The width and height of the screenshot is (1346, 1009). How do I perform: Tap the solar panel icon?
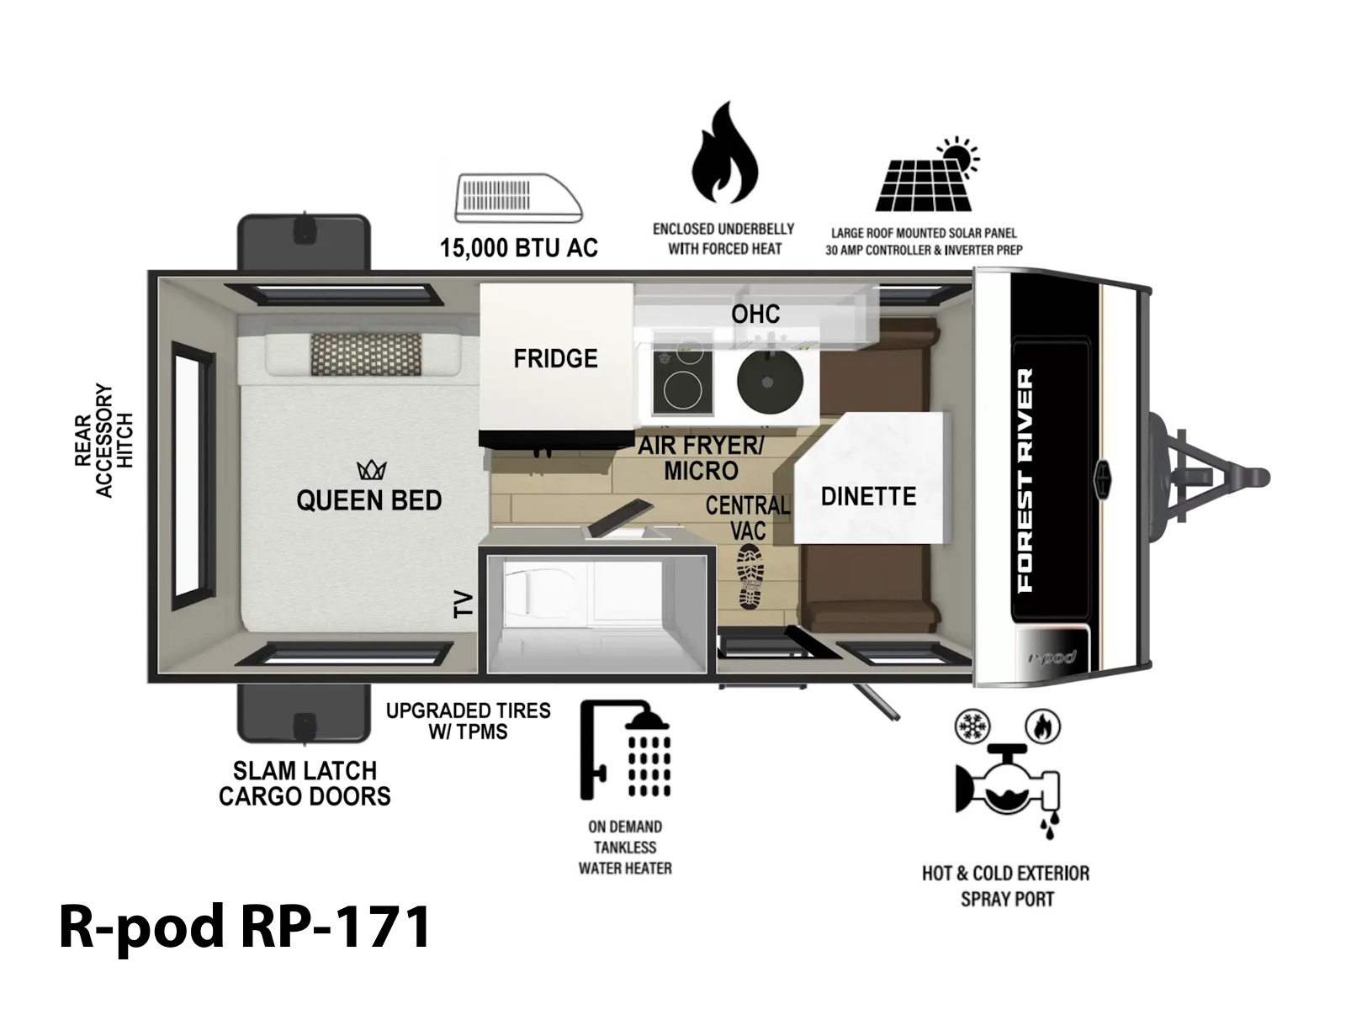(x=926, y=177)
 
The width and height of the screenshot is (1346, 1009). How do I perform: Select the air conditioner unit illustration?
(x=518, y=198)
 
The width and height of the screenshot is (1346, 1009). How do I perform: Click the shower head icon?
(x=626, y=750)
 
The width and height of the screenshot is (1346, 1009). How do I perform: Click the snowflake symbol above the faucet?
(x=972, y=726)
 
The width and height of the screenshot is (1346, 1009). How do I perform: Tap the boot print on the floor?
(x=750, y=576)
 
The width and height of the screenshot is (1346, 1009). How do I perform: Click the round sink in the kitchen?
(x=770, y=381)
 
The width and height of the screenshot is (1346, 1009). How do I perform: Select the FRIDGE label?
(x=555, y=358)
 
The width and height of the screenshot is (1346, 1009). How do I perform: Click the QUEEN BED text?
(x=369, y=500)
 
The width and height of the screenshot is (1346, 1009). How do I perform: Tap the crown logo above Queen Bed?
(x=372, y=470)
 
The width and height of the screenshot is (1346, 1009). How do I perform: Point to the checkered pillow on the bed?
(x=366, y=354)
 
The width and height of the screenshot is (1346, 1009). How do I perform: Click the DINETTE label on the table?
(x=868, y=496)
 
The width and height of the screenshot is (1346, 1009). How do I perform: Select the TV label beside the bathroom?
(x=464, y=604)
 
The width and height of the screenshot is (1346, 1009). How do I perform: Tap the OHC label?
(x=755, y=314)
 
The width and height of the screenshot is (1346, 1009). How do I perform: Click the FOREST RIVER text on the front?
(x=1025, y=480)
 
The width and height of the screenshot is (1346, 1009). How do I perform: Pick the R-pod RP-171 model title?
(x=245, y=927)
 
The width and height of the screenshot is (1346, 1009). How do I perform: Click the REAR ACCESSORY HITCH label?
(x=103, y=441)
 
